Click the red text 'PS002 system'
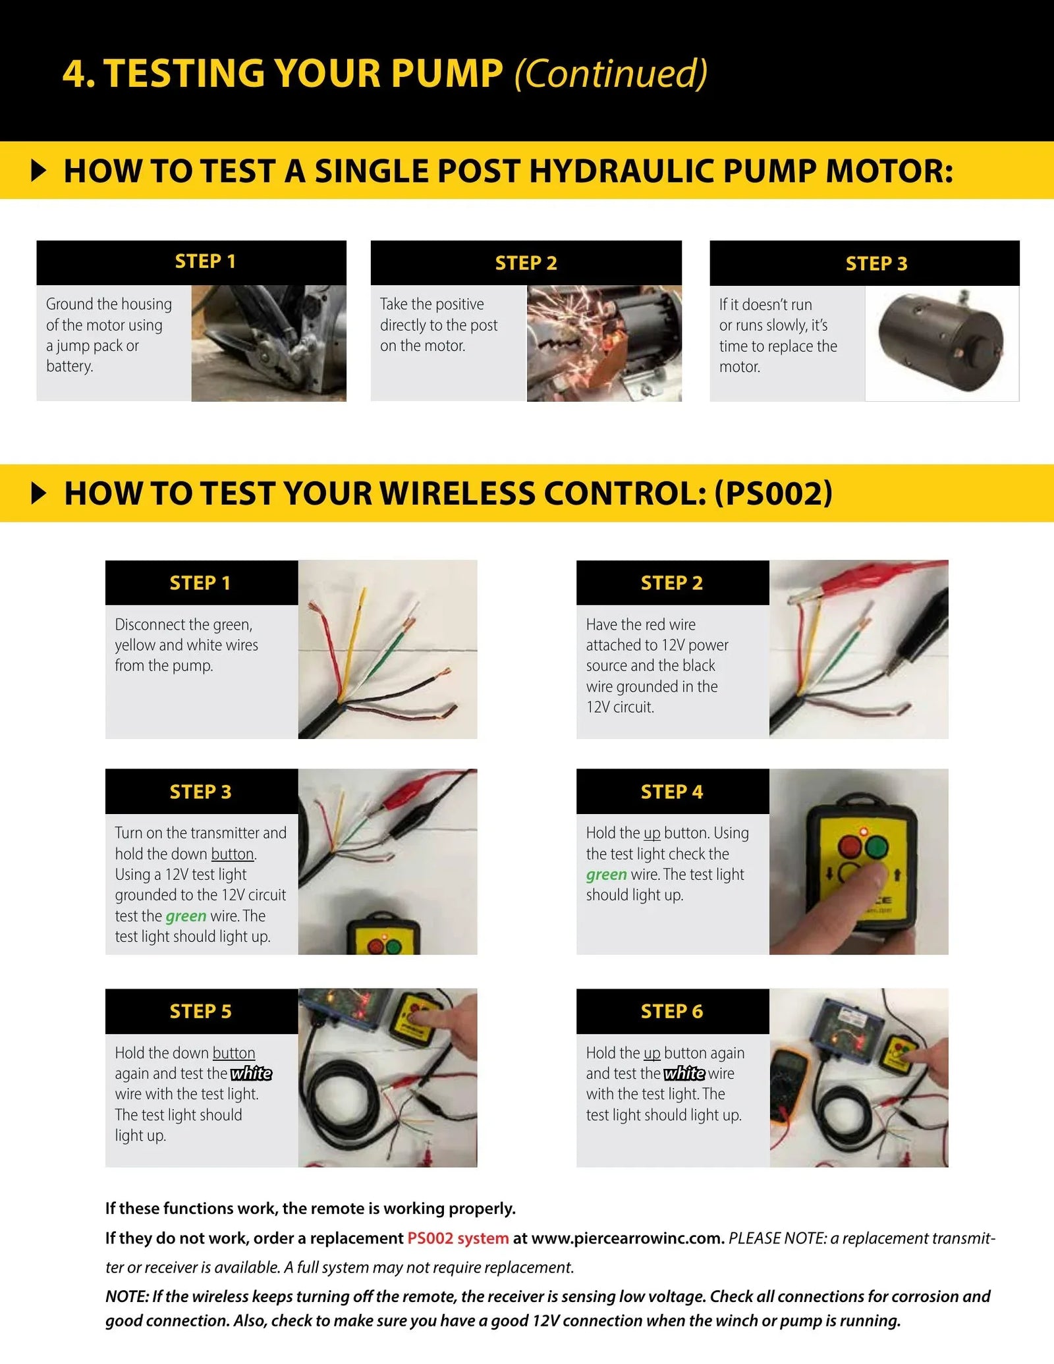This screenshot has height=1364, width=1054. [x=458, y=1238]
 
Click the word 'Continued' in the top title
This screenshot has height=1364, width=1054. [x=611, y=73]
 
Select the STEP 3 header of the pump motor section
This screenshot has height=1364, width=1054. [x=876, y=263]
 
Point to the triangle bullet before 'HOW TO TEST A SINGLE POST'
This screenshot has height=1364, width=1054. [x=40, y=171]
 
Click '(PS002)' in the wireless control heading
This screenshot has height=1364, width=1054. [x=773, y=493]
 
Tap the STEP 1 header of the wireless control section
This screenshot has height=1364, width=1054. [x=200, y=583]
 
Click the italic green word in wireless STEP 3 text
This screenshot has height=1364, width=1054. [x=186, y=915]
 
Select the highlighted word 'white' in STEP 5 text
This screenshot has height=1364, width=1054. [x=251, y=1074]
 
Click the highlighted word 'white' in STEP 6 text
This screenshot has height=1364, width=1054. [x=684, y=1074]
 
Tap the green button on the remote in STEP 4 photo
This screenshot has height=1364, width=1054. [x=876, y=847]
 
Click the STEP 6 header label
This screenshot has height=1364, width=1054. [x=672, y=1011]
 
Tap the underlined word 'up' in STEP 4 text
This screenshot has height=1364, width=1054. [x=652, y=833]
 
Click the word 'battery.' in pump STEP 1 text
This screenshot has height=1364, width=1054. [x=69, y=366]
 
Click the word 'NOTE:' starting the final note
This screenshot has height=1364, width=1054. [x=127, y=1296]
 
